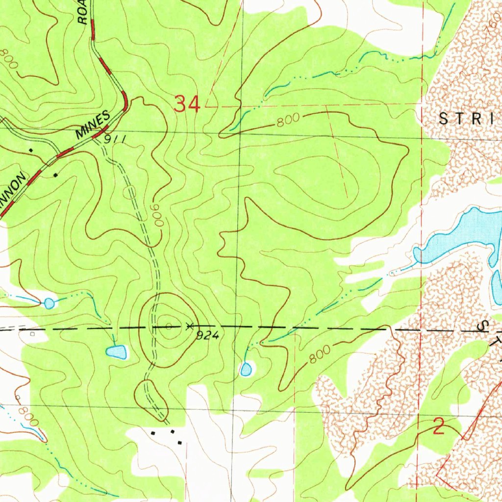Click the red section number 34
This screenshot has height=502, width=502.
pos(187,104)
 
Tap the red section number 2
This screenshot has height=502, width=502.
pos(439,427)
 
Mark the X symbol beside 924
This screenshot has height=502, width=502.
pos(189,325)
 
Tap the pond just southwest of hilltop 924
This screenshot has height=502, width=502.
pos(117,351)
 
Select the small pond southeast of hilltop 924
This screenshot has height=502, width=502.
pos(246,369)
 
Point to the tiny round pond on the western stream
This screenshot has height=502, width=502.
pos(49,303)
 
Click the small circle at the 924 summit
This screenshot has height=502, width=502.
pos(169,326)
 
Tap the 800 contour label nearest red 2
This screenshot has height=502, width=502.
pos(319,354)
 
